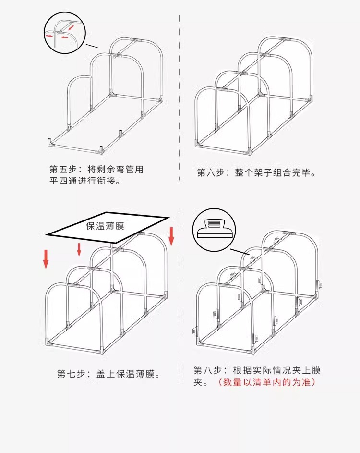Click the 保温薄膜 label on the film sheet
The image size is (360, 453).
point(105,226)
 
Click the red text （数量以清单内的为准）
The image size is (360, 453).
point(266,382)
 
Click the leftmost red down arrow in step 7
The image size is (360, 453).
point(46,259)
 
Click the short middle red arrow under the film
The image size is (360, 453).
point(79,250)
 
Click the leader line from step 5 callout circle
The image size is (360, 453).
point(92,46)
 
